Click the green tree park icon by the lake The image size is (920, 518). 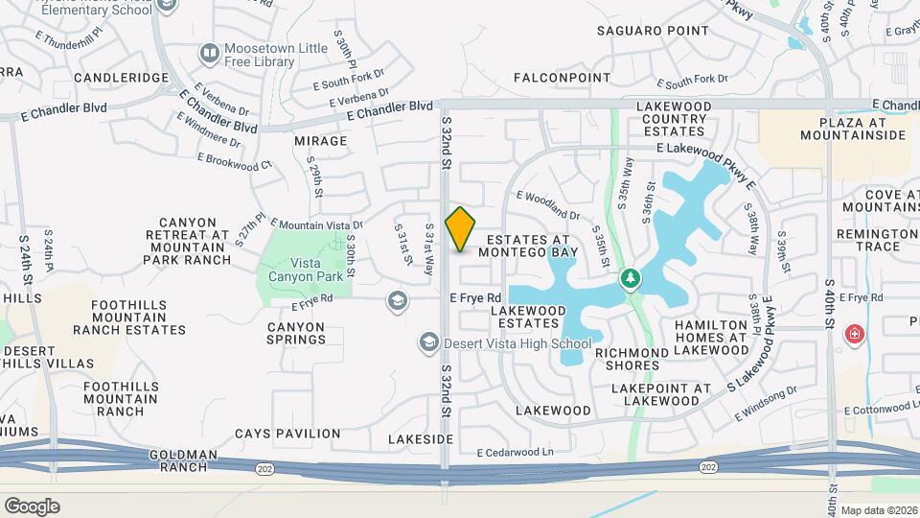point(630,279)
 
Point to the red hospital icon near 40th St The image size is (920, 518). point(853,335)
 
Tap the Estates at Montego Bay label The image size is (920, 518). point(528,246)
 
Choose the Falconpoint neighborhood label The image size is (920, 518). point(562,78)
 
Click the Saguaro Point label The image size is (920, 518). point(640,31)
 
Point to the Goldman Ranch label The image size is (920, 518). point(183,460)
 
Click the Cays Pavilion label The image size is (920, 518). point(274,434)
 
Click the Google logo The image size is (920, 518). point(32,506)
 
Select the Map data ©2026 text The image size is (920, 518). point(879,510)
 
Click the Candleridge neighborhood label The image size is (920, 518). point(107,77)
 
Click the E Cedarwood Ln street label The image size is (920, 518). point(516,452)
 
